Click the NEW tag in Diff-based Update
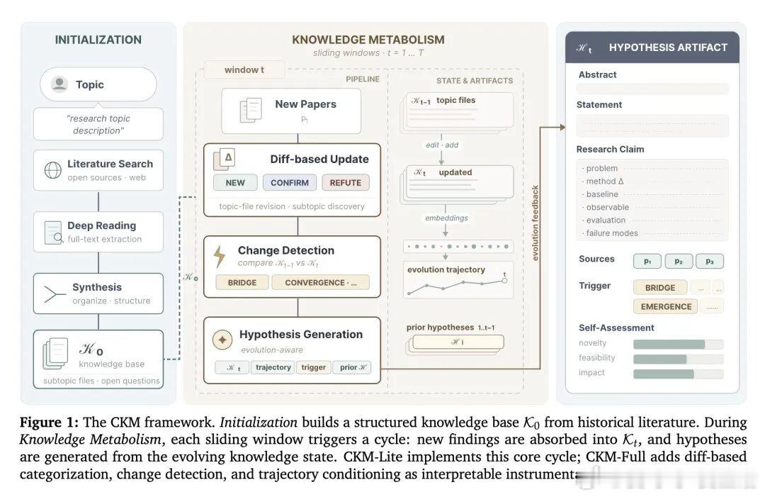(235, 182)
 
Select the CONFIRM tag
(290, 182)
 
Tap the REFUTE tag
(346, 182)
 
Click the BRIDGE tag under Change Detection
(242, 282)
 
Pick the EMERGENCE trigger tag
(666, 306)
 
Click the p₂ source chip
(678, 261)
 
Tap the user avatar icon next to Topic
(59, 84)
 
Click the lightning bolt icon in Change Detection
(220, 255)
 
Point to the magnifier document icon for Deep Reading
(54, 232)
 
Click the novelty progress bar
(678, 344)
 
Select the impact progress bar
(678, 374)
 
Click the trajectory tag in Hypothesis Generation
(273, 367)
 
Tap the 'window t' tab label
(244, 69)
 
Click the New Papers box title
(305, 104)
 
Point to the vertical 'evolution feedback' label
(535, 223)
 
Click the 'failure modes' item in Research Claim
(612, 233)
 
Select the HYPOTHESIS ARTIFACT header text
(668, 48)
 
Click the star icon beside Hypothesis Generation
(222, 340)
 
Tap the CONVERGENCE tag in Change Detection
(320, 282)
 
